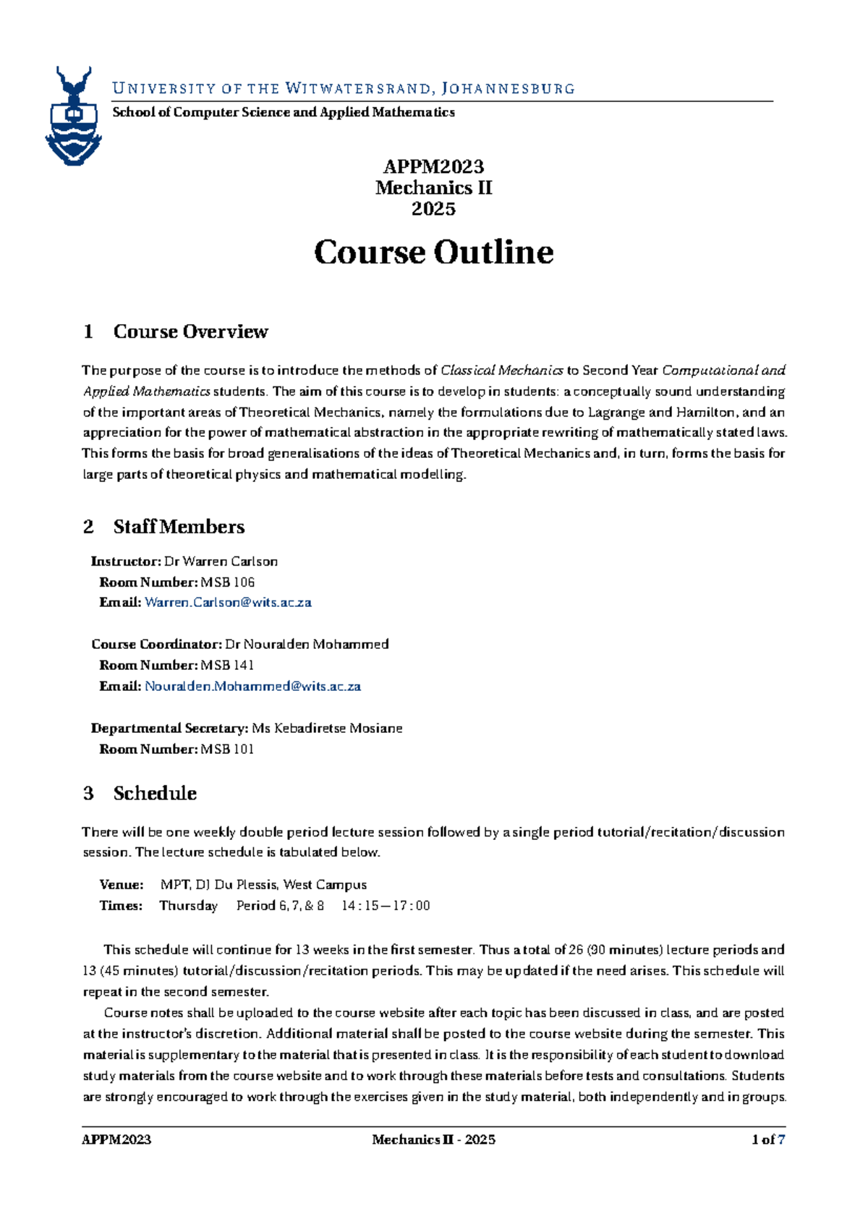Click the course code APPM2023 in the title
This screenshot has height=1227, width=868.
coord(433,167)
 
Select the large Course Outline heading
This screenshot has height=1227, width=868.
coord(433,252)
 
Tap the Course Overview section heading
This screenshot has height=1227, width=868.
coord(190,331)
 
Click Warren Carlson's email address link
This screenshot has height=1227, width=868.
coord(228,603)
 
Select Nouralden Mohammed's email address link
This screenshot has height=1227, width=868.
coord(252,687)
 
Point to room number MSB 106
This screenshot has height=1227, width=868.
coord(228,582)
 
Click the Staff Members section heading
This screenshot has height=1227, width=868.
coord(179,527)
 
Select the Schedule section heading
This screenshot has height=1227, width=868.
coord(155,794)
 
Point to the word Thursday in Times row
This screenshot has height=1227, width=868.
coord(188,906)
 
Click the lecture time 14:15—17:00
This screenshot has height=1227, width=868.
coord(386,906)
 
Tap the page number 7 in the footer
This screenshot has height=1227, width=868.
coord(781,1140)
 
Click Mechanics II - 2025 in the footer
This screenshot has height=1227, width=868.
coord(433,1140)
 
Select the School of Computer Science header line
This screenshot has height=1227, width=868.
coord(283,112)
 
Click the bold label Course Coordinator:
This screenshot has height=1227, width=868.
coord(156,645)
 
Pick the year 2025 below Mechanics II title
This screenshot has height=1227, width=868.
coord(433,209)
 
